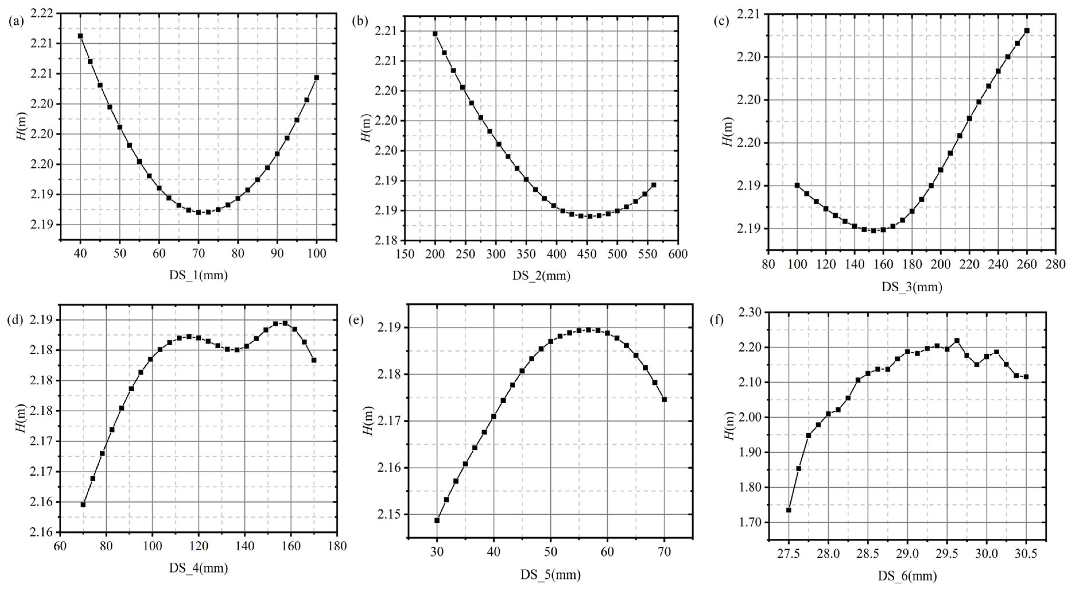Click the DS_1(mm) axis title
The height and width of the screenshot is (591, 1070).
(x=198, y=275)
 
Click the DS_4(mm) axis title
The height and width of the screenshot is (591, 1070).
(x=198, y=568)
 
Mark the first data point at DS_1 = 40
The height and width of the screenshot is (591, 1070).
(x=80, y=36)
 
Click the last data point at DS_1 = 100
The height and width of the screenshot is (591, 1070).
(x=317, y=77)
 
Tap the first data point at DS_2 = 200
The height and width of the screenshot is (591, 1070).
(x=435, y=34)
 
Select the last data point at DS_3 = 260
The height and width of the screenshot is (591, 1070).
(x=1027, y=30)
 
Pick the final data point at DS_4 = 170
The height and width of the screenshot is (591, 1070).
(x=314, y=360)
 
